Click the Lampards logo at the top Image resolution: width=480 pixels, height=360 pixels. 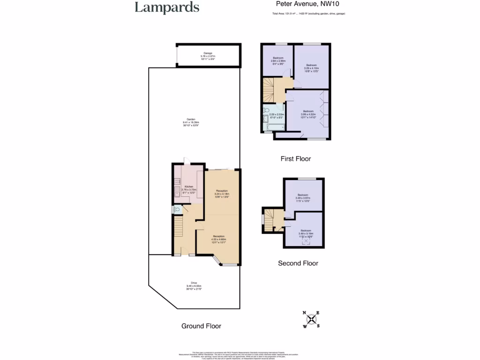pyautogui.click(x=167, y=7)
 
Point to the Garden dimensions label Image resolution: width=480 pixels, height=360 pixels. pyautogui.click(x=189, y=122)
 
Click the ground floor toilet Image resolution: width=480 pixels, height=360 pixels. pyautogui.click(x=176, y=210)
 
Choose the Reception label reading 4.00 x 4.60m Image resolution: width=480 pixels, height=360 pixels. pyautogui.click(x=219, y=239)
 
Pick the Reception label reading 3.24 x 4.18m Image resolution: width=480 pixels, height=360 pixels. pyautogui.click(x=222, y=194)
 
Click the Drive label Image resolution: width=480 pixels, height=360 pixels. pyautogui.click(x=194, y=285)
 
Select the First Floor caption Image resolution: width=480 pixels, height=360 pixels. pyautogui.click(x=295, y=159)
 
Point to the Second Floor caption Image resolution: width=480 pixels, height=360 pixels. pyautogui.click(x=298, y=263)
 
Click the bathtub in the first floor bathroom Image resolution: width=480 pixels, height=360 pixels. pyautogui.click(x=269, y=127)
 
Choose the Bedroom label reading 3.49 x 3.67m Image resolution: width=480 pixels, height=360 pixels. pyautogui.click(x=303, y=198)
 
